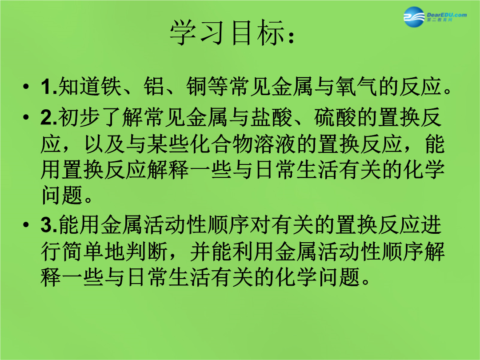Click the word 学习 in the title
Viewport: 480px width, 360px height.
click(x=196, y=33)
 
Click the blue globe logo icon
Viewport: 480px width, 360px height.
click(x=414, y=17)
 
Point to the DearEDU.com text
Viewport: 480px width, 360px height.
click(x=447, y=15)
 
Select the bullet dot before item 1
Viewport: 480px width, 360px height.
click(x=26, y=86)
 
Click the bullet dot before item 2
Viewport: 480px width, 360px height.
click(x=26, y=117)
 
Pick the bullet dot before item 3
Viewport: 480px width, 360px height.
click(x=26, y=225)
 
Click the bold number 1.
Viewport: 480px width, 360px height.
click(x=47, y=87)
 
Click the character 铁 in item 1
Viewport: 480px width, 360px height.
click(x=112, y=86)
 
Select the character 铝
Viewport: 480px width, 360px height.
click(x=154, y=86)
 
